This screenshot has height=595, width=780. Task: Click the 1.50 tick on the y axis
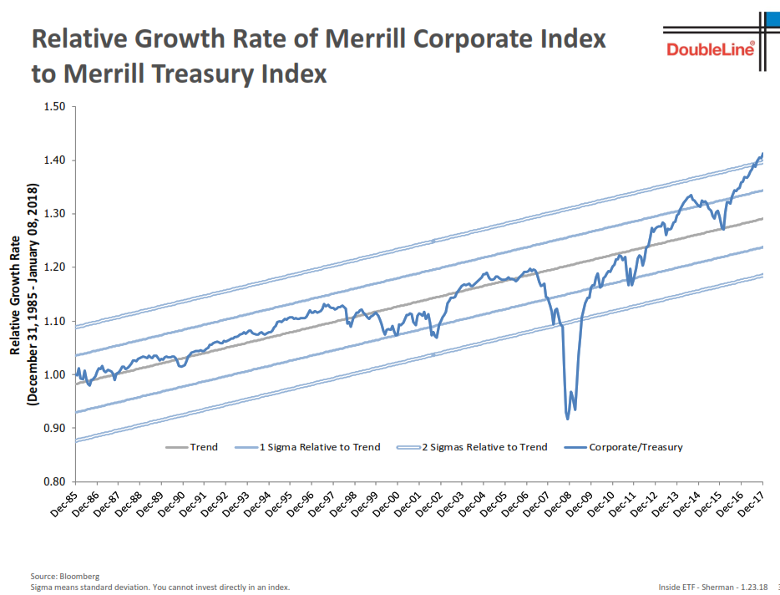coord(53,107)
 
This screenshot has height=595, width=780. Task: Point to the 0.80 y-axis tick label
coord(53,481)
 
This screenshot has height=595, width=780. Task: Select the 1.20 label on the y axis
coord(53,267)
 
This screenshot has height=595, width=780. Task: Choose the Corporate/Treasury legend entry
coord(636,447)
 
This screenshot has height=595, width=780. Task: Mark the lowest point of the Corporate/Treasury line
coord(568,418)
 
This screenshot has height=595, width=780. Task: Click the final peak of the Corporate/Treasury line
coord(762,154)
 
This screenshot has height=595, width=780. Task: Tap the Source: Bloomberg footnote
coord(65,577)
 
